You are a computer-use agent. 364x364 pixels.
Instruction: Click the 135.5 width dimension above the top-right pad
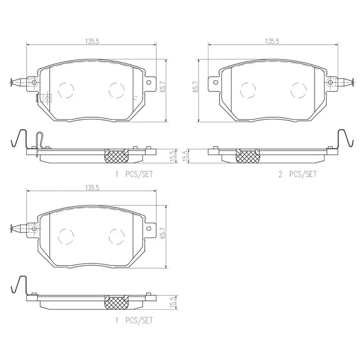272,41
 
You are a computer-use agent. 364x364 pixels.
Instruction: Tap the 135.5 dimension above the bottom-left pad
92,188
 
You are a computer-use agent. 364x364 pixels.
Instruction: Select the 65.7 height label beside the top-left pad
163,87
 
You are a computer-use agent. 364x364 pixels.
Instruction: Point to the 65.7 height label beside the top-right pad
195,87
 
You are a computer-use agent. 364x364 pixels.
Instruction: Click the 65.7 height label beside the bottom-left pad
163,233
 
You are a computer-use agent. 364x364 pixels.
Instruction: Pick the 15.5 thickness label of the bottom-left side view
172,302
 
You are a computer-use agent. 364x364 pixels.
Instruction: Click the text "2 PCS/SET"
297,174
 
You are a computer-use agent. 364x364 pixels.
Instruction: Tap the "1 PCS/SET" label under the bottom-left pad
134,320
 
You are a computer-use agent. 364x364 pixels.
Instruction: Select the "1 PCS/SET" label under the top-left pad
134,174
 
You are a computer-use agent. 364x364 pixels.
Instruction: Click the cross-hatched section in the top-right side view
248,156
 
